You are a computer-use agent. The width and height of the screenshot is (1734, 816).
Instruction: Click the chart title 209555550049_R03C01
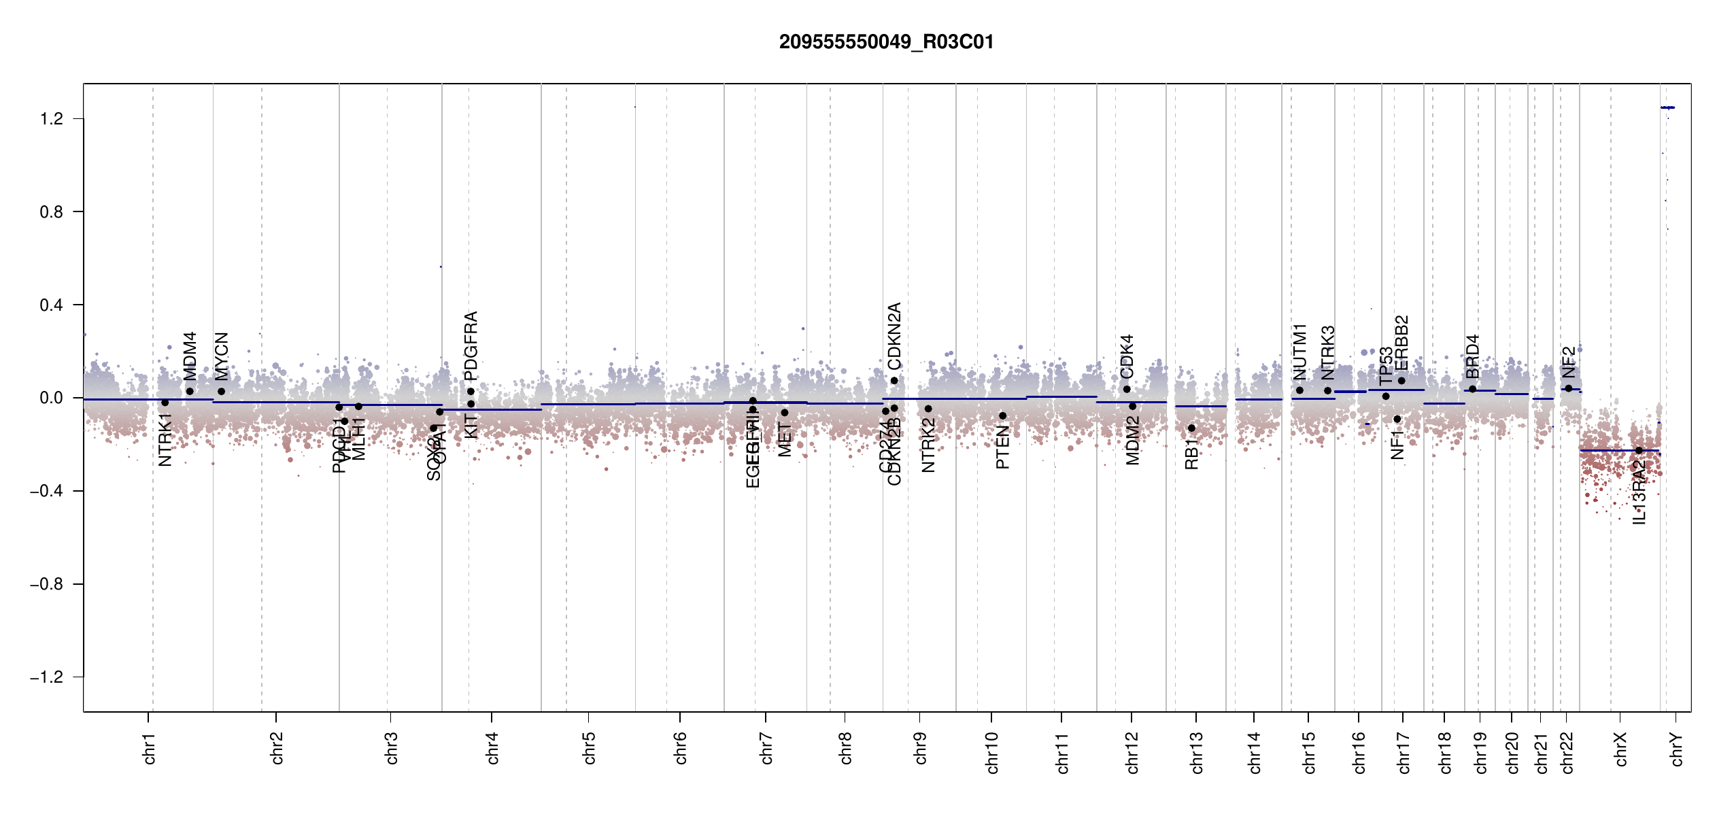point(886,42)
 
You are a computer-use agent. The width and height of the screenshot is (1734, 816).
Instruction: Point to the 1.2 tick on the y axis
point(51,119)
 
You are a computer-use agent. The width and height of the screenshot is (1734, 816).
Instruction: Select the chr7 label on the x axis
point(766,748)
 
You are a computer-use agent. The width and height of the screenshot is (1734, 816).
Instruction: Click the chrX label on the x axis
point(1620,748)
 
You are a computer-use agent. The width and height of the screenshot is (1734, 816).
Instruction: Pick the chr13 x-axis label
point(1197,752)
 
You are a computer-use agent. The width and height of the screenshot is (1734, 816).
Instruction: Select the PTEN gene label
point(1002,447)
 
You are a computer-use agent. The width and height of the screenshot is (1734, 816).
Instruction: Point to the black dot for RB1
point(1191,428)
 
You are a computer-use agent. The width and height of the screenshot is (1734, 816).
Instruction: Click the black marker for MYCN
point(221,392)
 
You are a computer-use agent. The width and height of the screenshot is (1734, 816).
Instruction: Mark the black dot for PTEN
point(1002,415)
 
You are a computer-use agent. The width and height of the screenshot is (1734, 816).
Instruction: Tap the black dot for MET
point(785,413)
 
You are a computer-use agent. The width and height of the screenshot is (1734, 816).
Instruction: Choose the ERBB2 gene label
point(1401,342)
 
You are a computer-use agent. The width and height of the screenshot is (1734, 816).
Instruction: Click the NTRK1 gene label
point(165,440)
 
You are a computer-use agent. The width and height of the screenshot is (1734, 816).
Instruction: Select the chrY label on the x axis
point(1677,749)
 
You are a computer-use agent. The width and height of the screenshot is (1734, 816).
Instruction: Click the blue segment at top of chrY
point(1667,107)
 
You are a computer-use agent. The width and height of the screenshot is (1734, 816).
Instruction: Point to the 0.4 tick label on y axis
point(51,305)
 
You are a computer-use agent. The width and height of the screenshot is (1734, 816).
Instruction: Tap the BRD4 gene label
point(1472,357)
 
